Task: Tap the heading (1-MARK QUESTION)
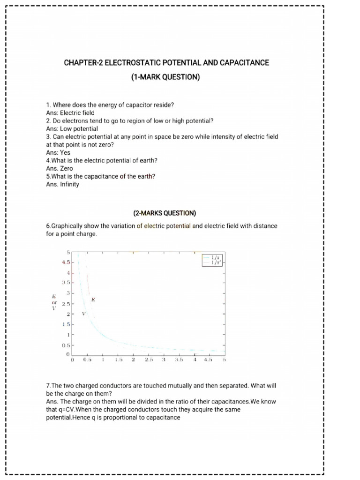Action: tap(165, 77)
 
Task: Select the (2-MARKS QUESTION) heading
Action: tap(165, 213)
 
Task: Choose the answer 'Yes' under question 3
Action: tap(65, 152)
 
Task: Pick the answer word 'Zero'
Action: tap(66, 168)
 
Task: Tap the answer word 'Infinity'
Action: tap(69, 184)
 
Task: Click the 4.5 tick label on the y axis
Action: tap(66, 262)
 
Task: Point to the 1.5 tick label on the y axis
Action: tap(66, 324)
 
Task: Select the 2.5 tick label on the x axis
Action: tap(149, 360)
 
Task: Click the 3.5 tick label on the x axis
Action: tap(179, 360)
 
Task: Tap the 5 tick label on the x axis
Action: tap(224, 360)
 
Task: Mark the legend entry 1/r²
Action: tap(215, 263)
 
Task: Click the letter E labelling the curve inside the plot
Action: tap(93, 299)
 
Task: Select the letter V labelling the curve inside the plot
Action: tap(83, 313)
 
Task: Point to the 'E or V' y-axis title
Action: tap(54, 302)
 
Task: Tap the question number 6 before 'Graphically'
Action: tap(48, 226)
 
